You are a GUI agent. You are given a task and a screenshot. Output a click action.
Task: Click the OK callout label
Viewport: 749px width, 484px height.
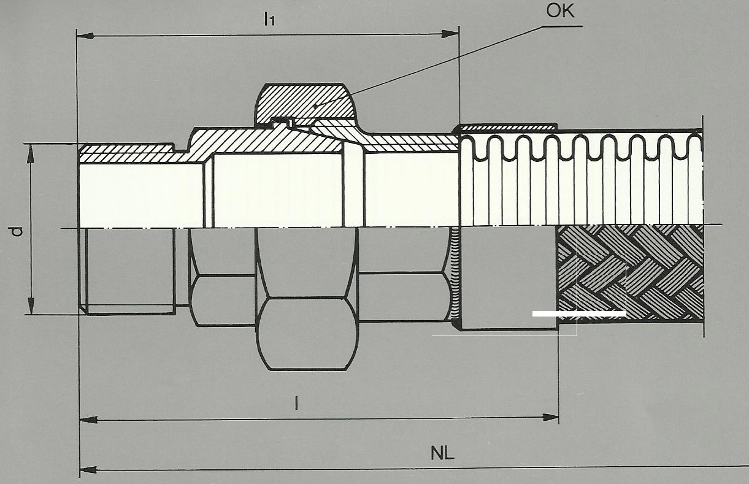pyautogui.click(x=560, y=11)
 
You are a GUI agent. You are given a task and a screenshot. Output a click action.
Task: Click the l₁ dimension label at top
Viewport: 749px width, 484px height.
pyautogui.click(x=269, y=19)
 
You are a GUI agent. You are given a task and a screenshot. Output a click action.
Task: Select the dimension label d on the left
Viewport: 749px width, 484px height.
pyautogui.click(x=17, y=231)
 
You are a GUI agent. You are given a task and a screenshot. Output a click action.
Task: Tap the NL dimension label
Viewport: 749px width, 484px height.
pyautogui.click(x=442, y=453)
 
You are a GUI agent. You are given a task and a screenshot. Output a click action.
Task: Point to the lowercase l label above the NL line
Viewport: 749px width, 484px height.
pyautogui.click(x=296, y=403)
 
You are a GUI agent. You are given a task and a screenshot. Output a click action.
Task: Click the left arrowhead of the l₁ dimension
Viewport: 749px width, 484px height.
pyautogui.click(x=85, y=36)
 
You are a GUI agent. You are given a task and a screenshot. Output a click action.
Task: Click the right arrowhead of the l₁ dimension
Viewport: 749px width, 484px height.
pyautogui.click(x=450, y=34)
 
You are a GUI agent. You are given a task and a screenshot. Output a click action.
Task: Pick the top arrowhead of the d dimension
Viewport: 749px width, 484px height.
pyautogui.click(x=31, y=153)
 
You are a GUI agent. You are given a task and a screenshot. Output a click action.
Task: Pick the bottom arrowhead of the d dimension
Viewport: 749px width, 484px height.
pyautogui.click(x=31, y=306)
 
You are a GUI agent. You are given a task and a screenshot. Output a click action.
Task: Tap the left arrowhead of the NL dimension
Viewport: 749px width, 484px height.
pyautogui.click(x=88, y=470)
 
